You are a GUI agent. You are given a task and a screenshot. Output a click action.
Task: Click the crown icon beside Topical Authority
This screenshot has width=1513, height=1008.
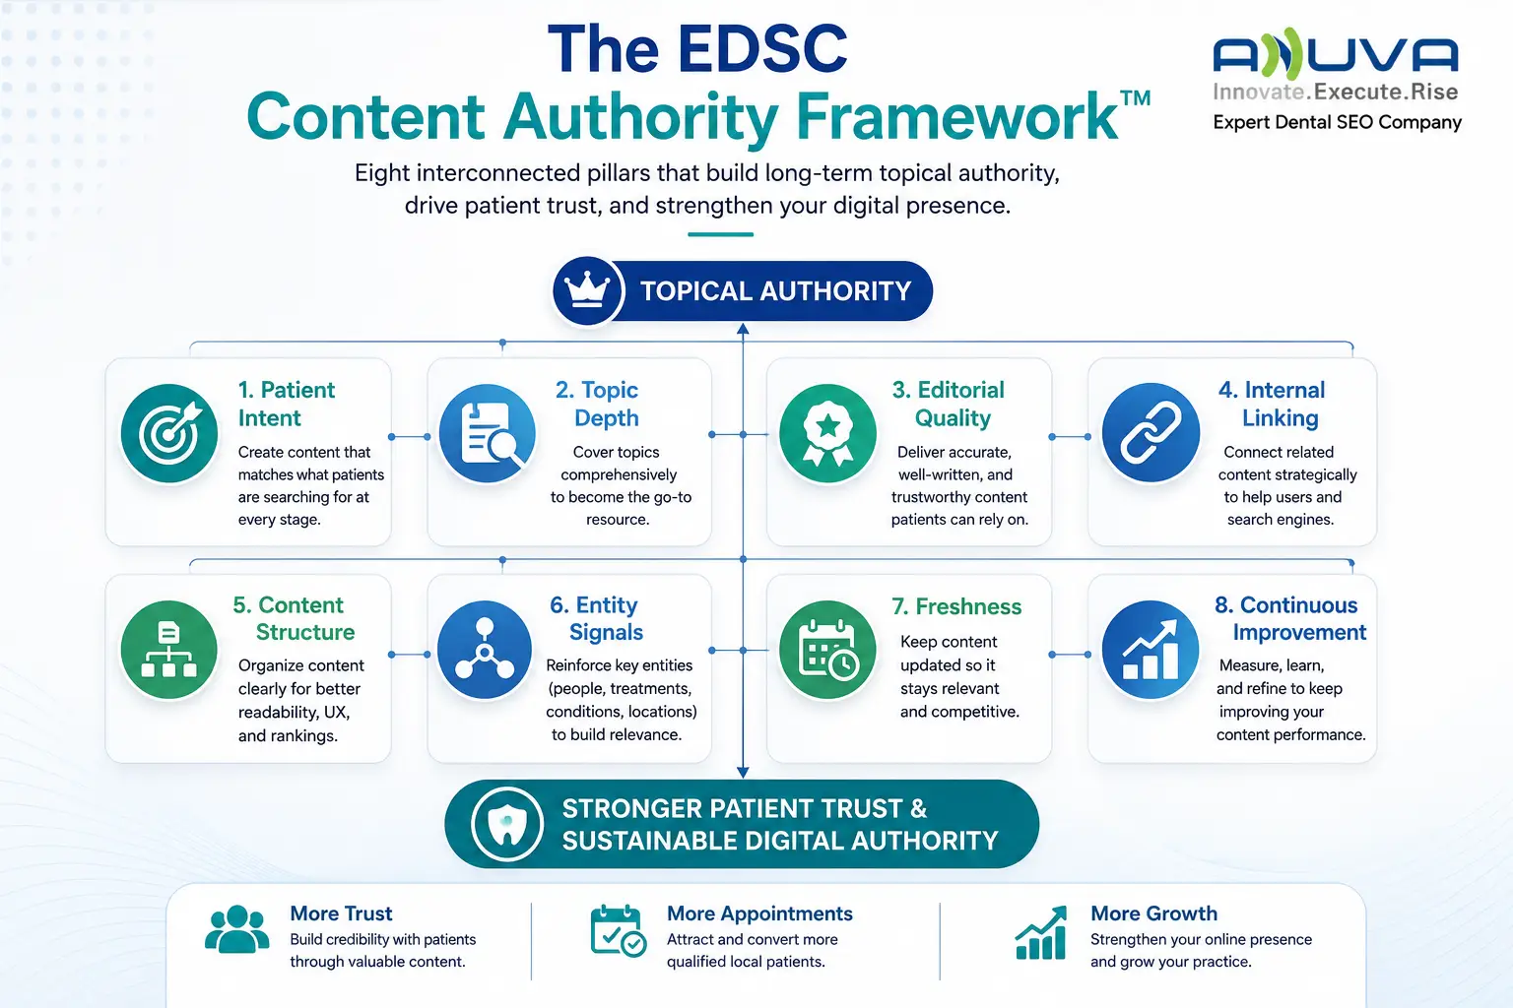click(587, 290)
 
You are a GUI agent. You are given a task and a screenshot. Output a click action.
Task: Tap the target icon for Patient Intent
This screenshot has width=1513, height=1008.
click(168, 433)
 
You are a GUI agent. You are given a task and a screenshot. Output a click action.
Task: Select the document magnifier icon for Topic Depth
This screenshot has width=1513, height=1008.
click(488, 433)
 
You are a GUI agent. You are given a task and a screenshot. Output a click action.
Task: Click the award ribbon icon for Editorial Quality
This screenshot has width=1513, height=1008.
click(827, 433)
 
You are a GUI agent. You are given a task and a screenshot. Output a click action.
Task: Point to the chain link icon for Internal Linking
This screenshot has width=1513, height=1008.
click(1151, 433)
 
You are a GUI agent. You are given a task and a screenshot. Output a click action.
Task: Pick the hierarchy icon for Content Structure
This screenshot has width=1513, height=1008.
click(168, 650)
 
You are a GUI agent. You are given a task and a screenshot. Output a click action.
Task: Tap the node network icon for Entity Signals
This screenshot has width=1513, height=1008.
click(485, 650)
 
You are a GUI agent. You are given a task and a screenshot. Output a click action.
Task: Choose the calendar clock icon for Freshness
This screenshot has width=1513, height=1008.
click(827, 650)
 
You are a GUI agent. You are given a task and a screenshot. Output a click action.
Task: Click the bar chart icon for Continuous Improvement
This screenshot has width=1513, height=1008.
click(1151, 650)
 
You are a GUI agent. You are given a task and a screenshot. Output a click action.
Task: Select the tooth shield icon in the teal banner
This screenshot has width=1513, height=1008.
click(506, 824)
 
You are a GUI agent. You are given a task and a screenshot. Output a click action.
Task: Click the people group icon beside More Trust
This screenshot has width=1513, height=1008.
click(236, 929)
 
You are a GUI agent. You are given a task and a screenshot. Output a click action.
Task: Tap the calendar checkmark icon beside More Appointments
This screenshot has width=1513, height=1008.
click(618, 930)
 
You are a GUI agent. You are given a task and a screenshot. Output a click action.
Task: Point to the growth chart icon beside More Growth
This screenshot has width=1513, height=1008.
click(1041, 932)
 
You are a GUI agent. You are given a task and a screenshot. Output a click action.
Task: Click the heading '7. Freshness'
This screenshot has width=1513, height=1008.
click(956, 606)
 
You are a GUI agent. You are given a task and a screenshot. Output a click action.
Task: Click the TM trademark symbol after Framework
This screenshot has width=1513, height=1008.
click(1135, 98)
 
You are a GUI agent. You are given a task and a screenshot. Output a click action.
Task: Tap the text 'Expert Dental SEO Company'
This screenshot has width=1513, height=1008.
click(1337, 122)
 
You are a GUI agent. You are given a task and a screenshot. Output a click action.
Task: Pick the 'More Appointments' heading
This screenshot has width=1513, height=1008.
click(759, 913)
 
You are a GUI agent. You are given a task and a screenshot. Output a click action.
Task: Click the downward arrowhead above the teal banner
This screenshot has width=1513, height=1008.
click(743, 773)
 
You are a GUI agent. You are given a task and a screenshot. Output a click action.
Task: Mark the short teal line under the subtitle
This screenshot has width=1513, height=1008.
click(721, 234)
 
